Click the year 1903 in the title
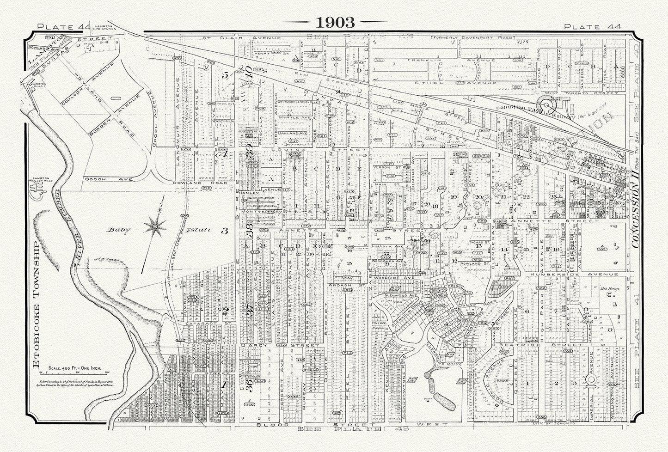(x=335, y=22)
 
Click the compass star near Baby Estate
(x=155, y=226)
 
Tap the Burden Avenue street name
(x=122, y=106)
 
